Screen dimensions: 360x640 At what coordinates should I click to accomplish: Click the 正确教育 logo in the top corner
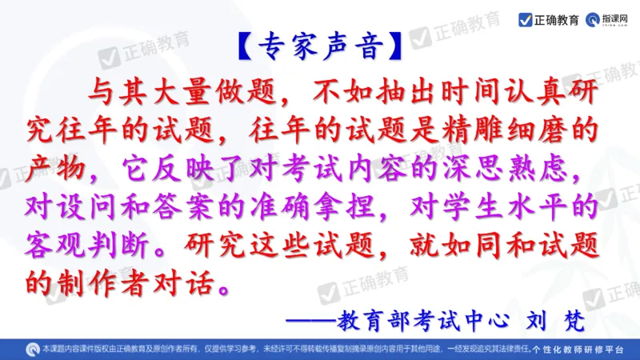point(549,19)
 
